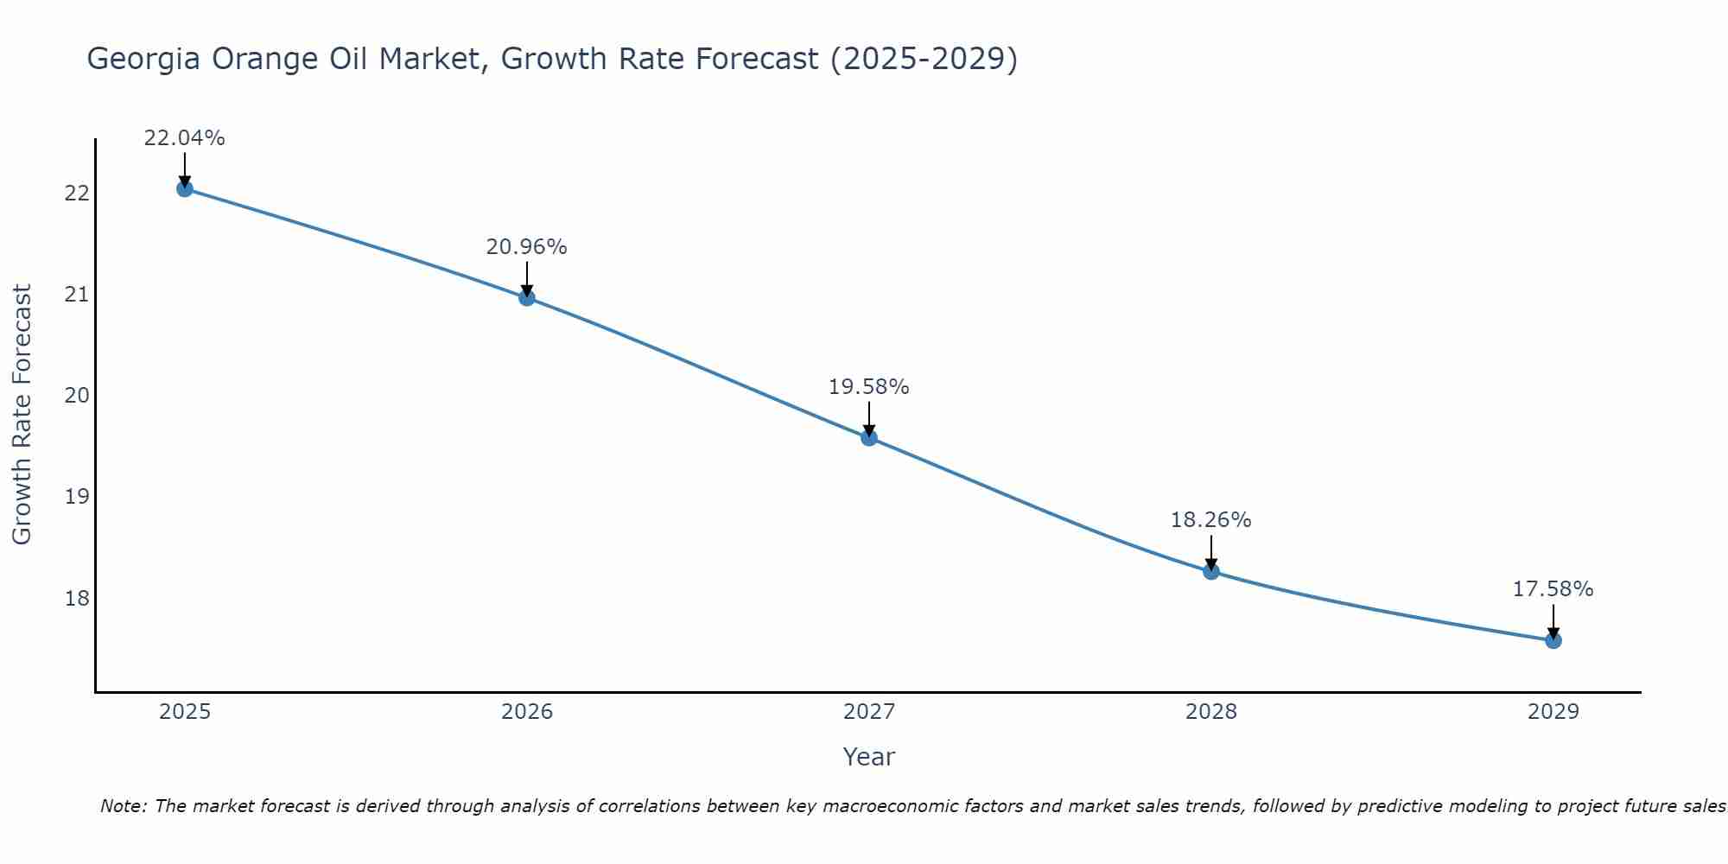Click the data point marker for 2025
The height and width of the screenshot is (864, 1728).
pos(184,188)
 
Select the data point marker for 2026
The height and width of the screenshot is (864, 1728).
pos(526,298)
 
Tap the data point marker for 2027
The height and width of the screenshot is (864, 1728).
pos(868,438)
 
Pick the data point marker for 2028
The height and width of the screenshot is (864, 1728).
pos(1210,571)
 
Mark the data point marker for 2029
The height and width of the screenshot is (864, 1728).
pos(1553,640)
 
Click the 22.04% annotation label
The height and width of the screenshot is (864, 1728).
pos(184,138)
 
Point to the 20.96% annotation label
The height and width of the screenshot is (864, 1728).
pos(526,247)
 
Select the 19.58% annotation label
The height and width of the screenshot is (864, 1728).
pos(868,387)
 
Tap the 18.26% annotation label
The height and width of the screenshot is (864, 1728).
pos(1210,520)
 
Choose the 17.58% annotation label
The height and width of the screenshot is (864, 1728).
pos(1553,589)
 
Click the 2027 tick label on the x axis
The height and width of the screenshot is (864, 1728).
pos(868,712)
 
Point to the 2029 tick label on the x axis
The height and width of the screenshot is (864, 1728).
pos(1553,712)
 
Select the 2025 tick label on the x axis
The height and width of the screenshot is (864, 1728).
pos(184,712)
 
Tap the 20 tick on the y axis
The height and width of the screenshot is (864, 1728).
pos(77,396)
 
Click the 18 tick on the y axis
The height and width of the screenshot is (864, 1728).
pos(77,598)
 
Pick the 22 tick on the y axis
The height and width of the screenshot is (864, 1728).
pos(77,193)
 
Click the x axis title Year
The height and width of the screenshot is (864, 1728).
pos(868,757)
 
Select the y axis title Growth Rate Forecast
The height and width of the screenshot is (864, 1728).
pos(22,415)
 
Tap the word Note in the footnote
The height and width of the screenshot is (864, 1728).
pos(124,806)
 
